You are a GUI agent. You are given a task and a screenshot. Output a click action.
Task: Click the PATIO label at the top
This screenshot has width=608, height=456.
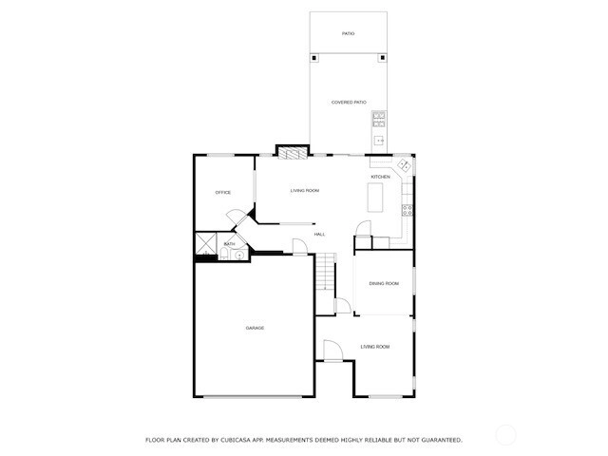[x=348, y=34]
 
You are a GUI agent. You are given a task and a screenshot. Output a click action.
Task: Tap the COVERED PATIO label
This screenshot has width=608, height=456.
[x=349, y=103]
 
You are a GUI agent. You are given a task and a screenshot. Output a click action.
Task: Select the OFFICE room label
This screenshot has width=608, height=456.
[x=223, y=192]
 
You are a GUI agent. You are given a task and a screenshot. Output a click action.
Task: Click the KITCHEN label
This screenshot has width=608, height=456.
[x=380, y=177]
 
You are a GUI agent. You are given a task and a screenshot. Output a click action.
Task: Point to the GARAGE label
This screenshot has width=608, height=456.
[x=255, y=328]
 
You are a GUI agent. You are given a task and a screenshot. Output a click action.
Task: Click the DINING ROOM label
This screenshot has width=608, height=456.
[x=384, y=283]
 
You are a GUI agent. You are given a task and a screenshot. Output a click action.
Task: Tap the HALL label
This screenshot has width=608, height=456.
[x=319, y=235]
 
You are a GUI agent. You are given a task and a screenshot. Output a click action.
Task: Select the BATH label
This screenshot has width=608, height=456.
[x=229, y=244]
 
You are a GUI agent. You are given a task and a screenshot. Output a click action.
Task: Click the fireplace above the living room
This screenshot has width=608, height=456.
[x=293, y=153]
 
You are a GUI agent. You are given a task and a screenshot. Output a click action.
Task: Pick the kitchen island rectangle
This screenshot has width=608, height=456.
[x=375, y=198]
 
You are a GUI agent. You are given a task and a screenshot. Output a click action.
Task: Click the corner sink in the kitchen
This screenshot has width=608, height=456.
[x=404, y=164]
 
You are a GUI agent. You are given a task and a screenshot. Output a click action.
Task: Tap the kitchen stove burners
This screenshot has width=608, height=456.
[x=408, y=211]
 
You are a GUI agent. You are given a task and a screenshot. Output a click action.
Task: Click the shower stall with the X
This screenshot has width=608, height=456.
[x=205, y=243]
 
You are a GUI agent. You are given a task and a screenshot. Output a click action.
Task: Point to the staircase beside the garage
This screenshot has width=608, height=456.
[x=325, y=272]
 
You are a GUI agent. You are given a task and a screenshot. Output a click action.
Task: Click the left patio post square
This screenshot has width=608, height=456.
[x=314, y=58]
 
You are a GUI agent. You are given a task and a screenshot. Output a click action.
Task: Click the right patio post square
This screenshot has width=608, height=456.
[x=382, y=58]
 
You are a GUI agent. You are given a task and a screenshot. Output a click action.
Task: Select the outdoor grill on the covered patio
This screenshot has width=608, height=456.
[x=379, y=120]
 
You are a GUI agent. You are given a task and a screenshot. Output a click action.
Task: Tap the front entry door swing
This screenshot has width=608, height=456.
[x=332, y=351]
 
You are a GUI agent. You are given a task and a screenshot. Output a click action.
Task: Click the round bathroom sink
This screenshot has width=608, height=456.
[x=239, y=256]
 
